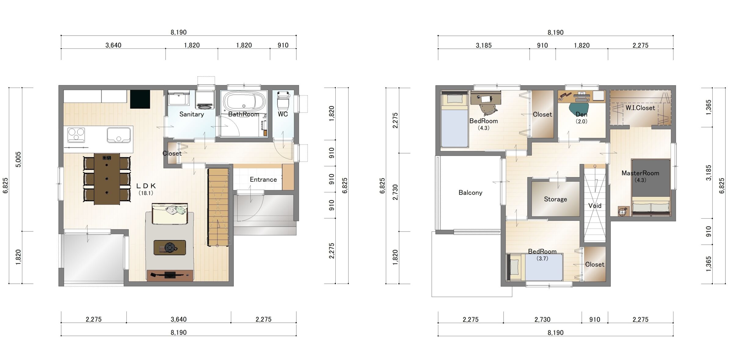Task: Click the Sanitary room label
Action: point(191,114)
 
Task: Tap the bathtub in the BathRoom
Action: point(243,102)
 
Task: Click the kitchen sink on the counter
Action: point(119,135)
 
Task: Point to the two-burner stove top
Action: point(76,135)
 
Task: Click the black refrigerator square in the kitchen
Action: point(140,99)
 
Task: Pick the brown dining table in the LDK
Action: point(107,179)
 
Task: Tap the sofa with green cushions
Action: point(170,213)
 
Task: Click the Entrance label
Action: point(263,180)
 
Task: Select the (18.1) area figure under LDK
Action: point(146,193)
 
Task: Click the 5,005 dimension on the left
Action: point(18,159)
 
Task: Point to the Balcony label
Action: point(470,193)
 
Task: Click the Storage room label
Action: point(555,199)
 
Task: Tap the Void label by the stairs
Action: point(595,206)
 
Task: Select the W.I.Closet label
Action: point(640,108)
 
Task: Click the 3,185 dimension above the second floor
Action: point(484,45)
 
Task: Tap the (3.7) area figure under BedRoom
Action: point(542,258)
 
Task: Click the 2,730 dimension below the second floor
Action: point(542,319)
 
